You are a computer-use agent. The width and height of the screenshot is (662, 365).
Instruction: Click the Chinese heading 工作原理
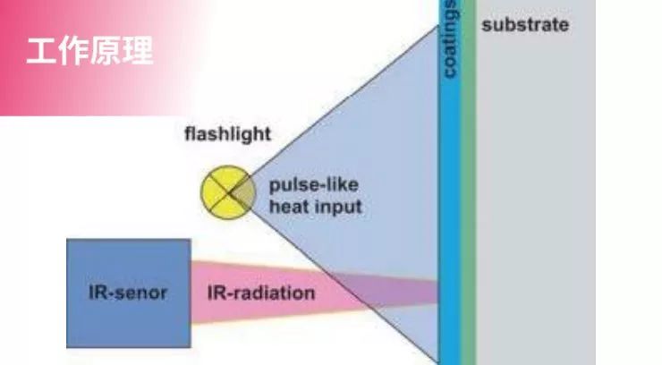tap(89, 51)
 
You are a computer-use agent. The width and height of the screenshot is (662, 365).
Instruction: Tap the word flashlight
tap(227, 136)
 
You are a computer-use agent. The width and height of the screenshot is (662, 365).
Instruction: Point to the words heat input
tap(316, 208)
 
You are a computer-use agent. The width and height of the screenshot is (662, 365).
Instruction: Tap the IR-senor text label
tap(128, 293)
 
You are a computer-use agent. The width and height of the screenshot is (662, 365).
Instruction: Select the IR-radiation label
tap(261, 293)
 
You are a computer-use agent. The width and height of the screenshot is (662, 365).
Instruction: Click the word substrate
tap(524, 25)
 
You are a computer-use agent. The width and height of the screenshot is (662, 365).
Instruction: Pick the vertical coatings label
tap(450, 40)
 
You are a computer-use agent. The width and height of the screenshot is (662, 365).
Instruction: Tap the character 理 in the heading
tap(138, 51)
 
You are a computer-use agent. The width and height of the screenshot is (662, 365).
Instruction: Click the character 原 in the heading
tap(106, 51)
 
